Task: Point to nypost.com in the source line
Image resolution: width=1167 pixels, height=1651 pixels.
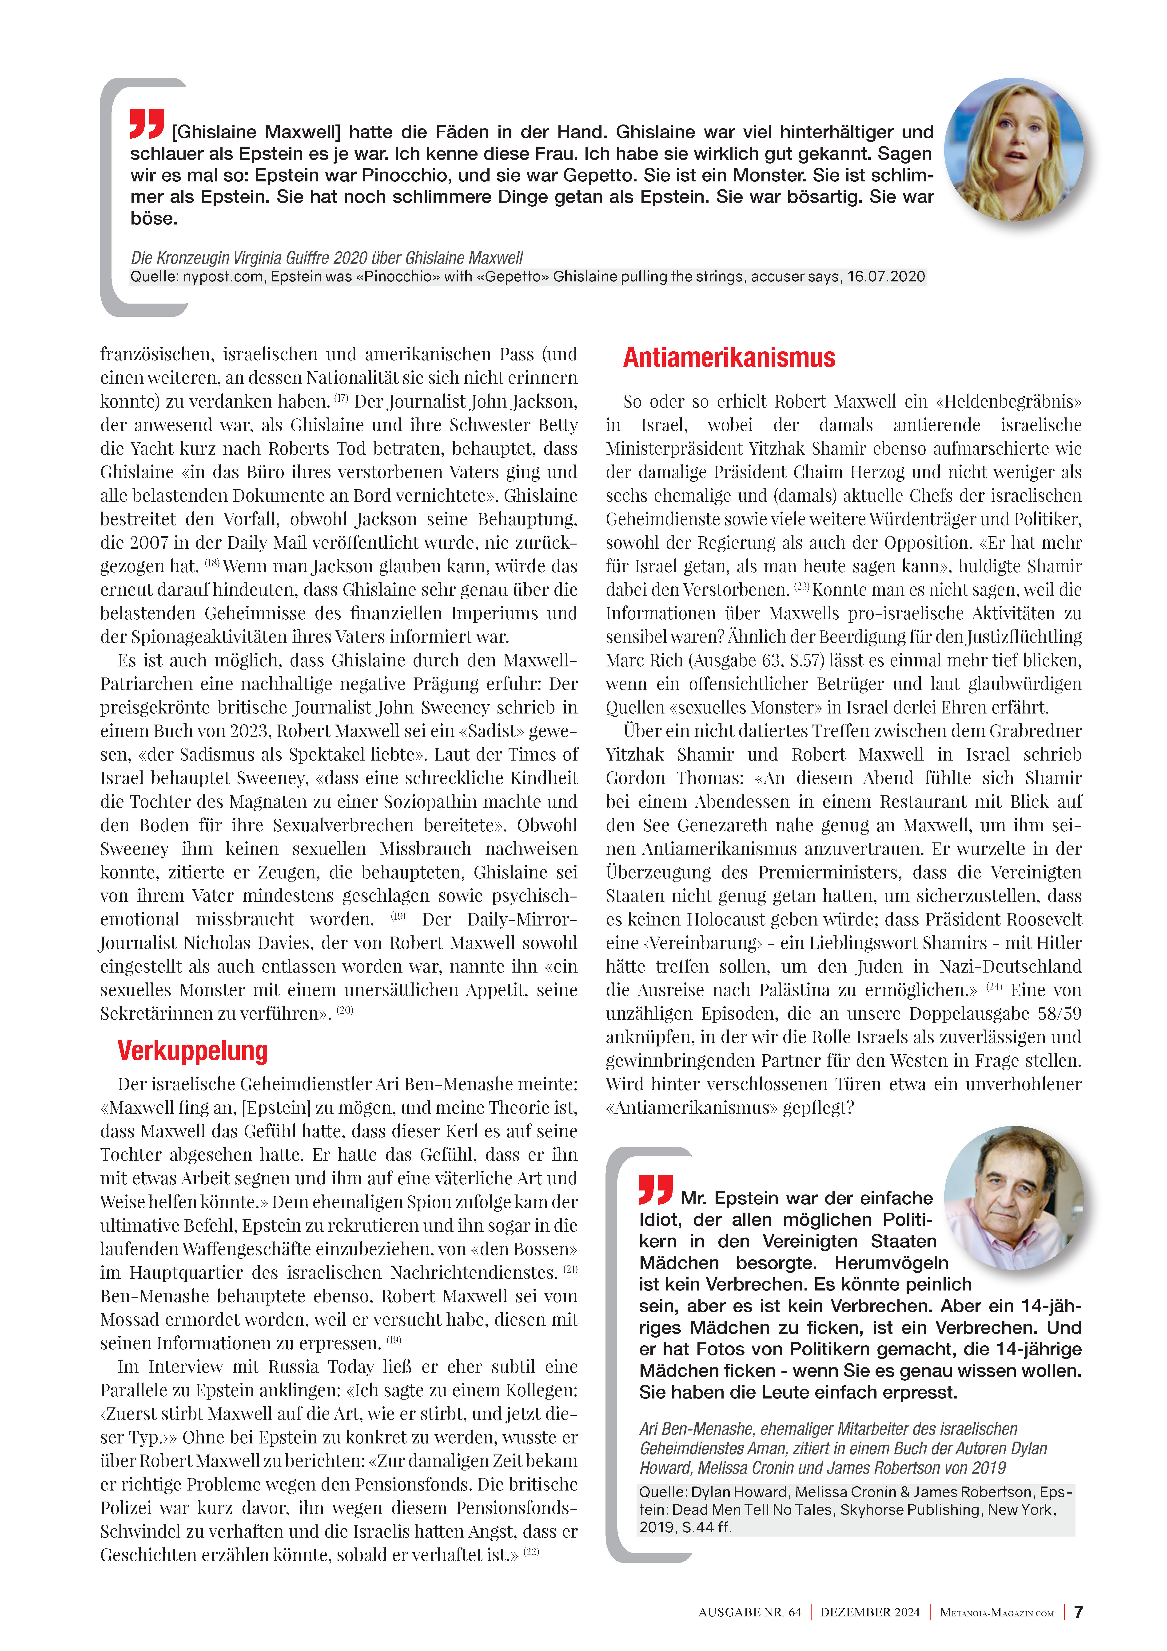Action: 223,277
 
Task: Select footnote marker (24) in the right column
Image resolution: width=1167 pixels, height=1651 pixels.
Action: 994,986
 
